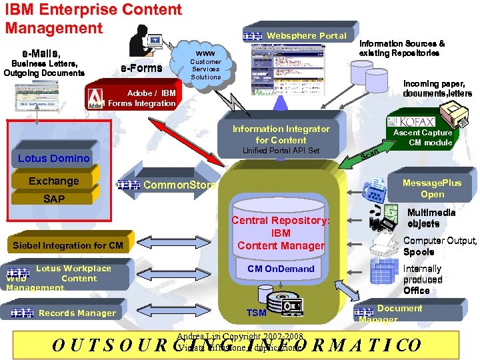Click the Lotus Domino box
click(53, 158)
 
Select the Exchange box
click(53, 181)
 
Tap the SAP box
click(53, 199)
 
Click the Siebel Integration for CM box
click(68, 245)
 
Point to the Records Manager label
click(77, 313)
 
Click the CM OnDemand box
click(281, 269)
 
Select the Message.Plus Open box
click(432, 188)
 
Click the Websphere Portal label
click(306, 35)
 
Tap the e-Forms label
click(141, 68)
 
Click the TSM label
click(256, 312)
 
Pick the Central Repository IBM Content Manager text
click(281, 233)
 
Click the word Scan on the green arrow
click(369, 155)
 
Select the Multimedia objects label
click(431, 218)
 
